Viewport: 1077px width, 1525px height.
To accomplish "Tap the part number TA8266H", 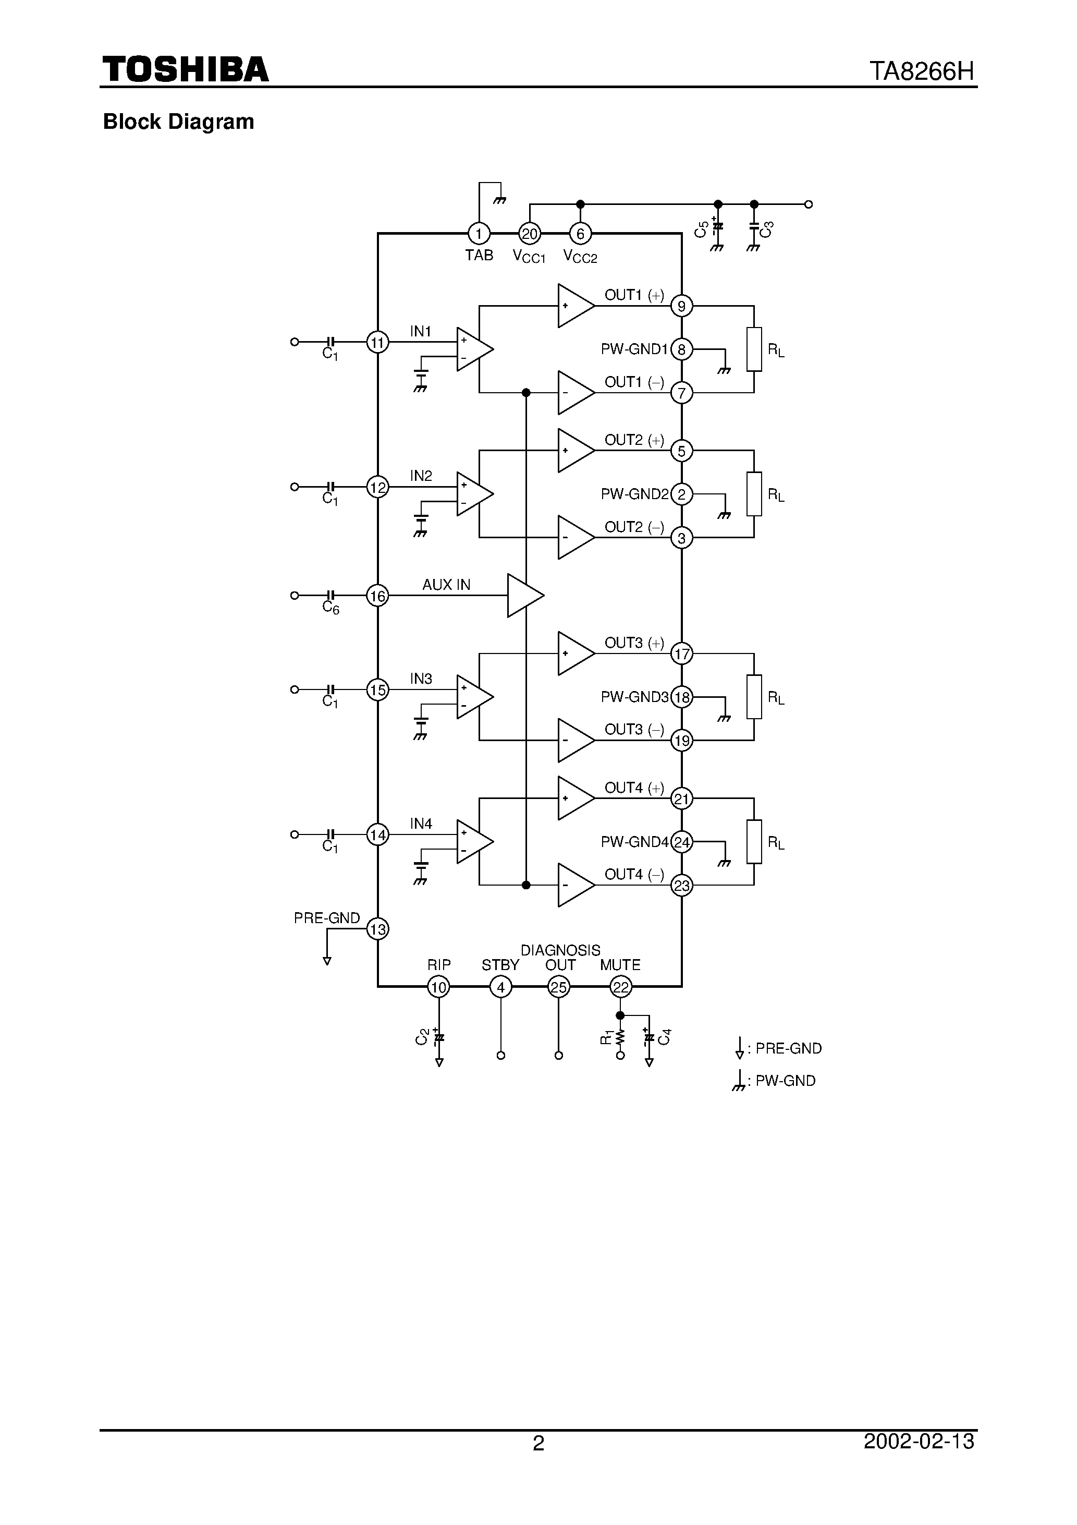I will [x=922, y=71].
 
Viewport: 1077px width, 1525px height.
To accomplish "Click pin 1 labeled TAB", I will [x=479, y=233].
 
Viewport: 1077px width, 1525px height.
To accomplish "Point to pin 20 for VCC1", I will [x=529, y=233].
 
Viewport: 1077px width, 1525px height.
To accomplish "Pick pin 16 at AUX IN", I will [x=377, y=596].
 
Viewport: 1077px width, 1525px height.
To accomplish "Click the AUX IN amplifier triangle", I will [x=524, y=595].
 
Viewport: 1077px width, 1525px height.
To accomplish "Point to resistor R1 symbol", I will [x=620, y=1037].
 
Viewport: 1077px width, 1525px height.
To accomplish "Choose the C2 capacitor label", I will [x=422, y=1036].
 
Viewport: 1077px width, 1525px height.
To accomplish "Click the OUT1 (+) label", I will [x=633, y=295].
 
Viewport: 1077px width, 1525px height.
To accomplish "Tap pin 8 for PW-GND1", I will [x=681, y=349].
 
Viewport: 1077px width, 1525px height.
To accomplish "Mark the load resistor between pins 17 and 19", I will [x=754, y=697].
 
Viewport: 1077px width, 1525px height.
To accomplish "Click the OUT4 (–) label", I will [x=633, y=875].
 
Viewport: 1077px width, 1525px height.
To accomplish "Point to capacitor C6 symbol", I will [x=331, y=595].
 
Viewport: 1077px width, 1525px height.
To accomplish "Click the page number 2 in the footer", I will [x=538, y=1443].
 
